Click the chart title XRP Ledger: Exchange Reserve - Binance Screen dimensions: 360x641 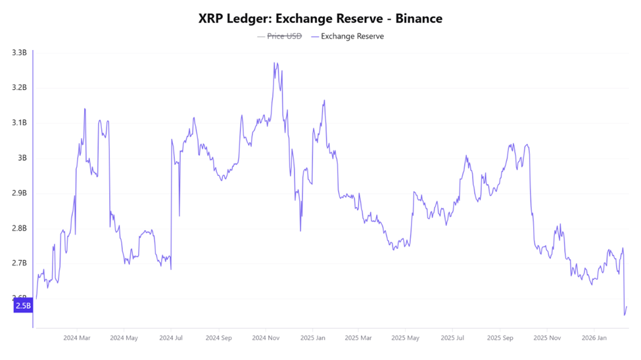320,18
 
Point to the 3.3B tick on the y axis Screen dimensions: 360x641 18,53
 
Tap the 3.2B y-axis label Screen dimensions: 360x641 18,87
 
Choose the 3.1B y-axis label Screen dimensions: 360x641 18,123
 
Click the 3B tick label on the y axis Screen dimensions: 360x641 22,158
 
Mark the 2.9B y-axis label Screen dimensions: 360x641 18,193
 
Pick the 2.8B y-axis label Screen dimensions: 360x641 18,229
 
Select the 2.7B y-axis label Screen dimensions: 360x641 18,263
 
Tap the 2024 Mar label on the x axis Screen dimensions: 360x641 77,338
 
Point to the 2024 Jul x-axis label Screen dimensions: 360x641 171,338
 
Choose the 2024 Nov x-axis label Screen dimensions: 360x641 265,338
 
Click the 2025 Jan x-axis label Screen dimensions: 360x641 312,338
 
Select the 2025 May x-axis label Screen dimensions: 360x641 405,338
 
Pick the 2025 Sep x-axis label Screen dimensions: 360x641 500,338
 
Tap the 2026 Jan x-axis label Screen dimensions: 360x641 593,338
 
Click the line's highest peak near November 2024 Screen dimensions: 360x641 275,63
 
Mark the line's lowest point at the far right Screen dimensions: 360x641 625,315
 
